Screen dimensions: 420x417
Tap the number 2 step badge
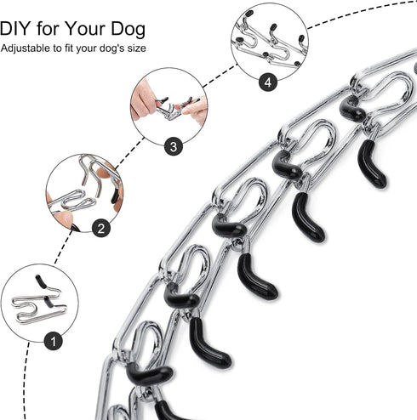pyautogui.click(x=100, y=227)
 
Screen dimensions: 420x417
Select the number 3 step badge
pyautogui.click(x=174, y=146)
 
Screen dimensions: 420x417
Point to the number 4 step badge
pyautogui.click(x=270, y=82)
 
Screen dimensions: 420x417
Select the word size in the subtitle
pyautogui.click(x=134, y=48)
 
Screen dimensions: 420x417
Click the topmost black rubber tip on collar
pyautogui.click(x=351, y=107)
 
